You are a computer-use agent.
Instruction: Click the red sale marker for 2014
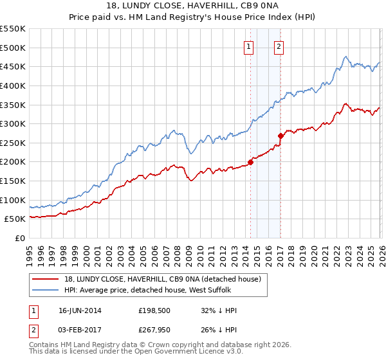point(250,162)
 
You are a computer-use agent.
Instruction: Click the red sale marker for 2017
point(280,136)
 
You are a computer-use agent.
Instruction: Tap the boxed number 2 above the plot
point(279,46)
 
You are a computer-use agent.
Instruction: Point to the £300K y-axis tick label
point(13,123)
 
